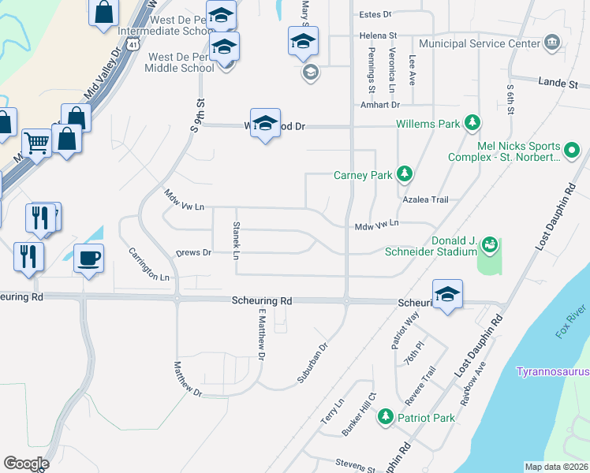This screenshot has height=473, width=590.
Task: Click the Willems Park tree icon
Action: pyautogui.click(x=472, y=123)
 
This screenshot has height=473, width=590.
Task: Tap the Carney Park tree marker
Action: pyautogui.click(x=405, y=173)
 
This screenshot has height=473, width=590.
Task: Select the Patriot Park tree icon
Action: pyautogui.click(x=385, y=416)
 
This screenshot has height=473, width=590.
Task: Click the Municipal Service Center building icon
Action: pyautogui.click(x=551, y=42)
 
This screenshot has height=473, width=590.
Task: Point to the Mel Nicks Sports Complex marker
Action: pyautogui.click(x=573, y=148)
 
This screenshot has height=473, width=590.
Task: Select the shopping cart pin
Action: pyautogui.click(x=36, y=143)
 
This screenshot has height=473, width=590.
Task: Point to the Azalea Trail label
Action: pyautogui.click(x=425, y=200)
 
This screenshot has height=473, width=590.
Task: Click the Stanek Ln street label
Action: pyautogui.click(x=236, y=240)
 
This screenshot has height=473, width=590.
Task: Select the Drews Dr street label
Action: pyautogui.click(x=193, y=253)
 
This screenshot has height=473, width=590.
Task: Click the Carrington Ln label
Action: pyautogui.click(x=149, y=265)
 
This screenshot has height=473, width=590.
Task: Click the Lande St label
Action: pyautogui.click(x=558, y=83)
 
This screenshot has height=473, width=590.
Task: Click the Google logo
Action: pyautogui.click(x=25, y=464)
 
